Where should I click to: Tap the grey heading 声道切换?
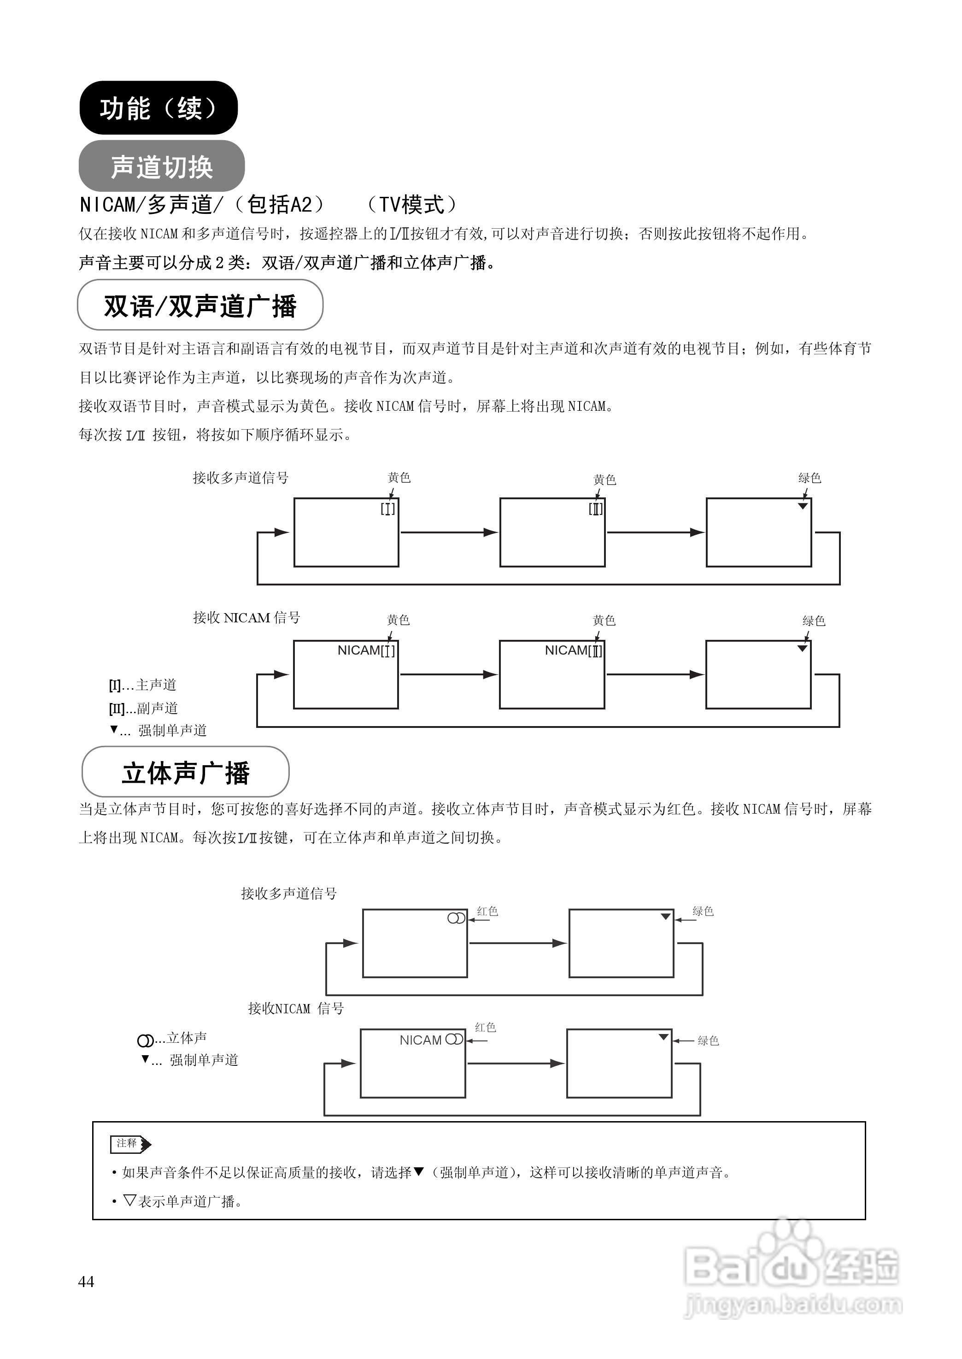coord(161,166)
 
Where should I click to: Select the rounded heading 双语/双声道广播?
coord(200,306)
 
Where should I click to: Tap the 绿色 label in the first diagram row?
coord(809,478)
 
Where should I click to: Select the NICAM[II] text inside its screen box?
coord(573,650)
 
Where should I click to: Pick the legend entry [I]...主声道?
coord(142,685)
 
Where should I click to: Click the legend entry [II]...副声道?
coord(143,708)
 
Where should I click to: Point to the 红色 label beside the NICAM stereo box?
coord(485,1027)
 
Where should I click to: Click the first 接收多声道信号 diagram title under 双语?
coord(240,477)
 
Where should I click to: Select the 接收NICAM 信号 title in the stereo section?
coord(296,1008)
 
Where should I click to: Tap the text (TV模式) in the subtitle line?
coord(412,205)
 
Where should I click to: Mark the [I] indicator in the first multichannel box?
coord(387,508)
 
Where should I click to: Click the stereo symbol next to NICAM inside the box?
coord(454,1040)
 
